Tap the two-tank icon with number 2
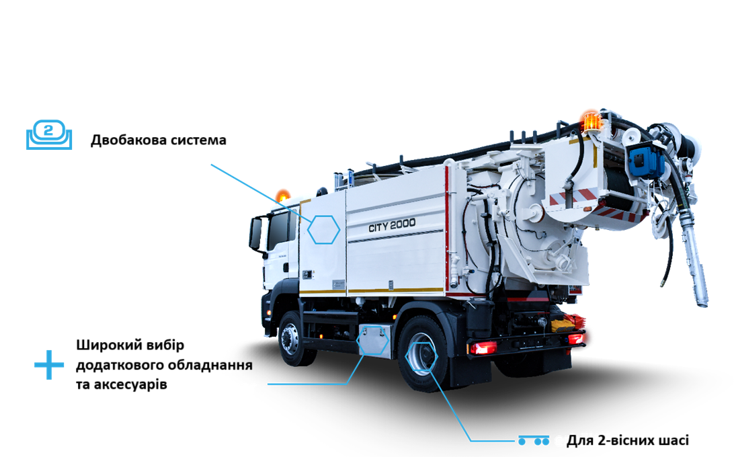tap(49, 134)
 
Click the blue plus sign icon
tap(49, 365)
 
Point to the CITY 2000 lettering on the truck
tap(392, 225)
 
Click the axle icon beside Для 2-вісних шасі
tap(534, 440)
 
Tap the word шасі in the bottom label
tap(673, 441)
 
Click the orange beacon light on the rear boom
tap(592, 121)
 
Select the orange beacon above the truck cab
tap(282, 196)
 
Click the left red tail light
tap(483, 347)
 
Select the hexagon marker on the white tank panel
tap(323, 229)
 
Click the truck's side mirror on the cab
tap(255, 233)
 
